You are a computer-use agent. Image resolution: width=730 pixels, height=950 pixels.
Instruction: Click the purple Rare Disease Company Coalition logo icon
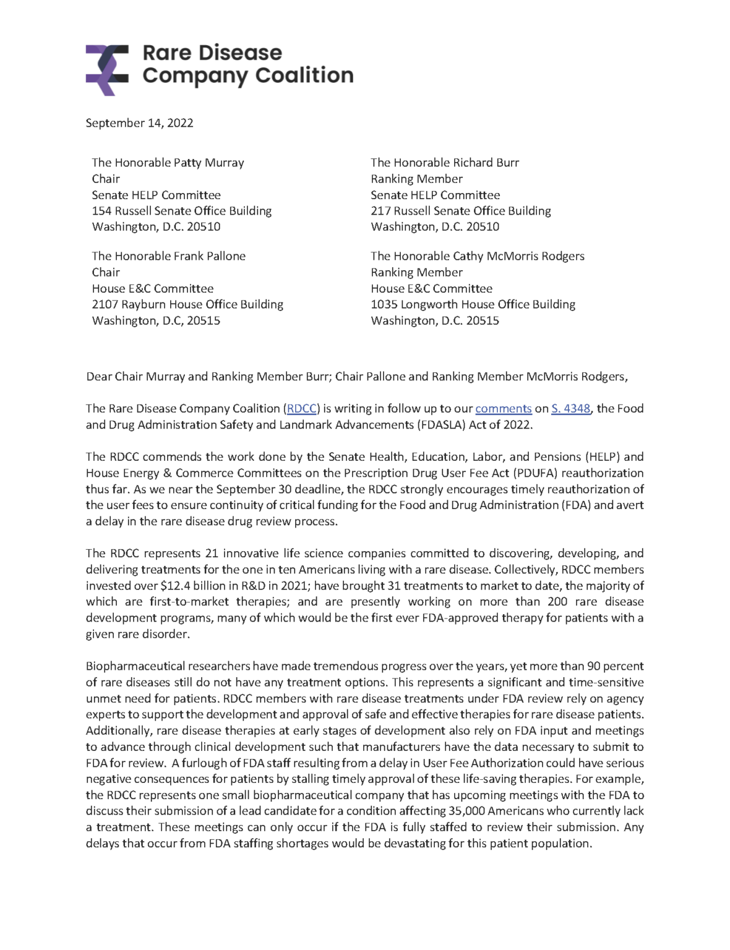point(106,70)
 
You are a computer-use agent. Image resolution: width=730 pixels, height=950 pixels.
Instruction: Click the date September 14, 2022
point(139,123)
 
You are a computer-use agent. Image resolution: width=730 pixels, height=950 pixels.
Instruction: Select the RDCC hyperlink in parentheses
point(302,409)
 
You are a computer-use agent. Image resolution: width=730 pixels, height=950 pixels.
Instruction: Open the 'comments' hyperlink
point(503,409)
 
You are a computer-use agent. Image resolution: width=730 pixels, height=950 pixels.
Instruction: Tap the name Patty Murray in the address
point(208,163)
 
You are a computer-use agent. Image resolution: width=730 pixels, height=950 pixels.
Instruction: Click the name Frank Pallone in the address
point(207,256)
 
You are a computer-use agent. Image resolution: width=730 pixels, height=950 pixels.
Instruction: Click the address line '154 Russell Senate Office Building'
point(182,211)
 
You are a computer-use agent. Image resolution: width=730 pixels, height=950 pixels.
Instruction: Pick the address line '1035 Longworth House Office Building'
point(473,304)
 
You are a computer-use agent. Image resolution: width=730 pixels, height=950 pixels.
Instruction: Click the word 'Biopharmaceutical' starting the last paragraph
point(135,666)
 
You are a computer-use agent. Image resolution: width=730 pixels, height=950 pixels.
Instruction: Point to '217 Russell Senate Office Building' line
point(460,211)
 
